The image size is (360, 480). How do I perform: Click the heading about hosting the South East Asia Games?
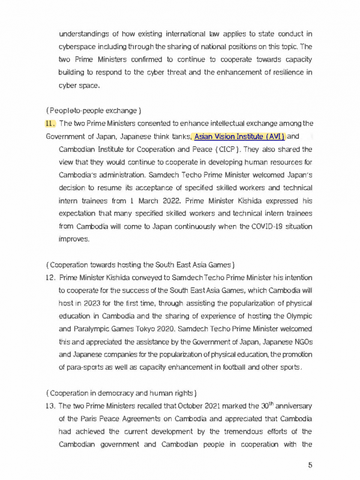(x=140, y=265)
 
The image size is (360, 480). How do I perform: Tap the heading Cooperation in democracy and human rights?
(x=121, y=393)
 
